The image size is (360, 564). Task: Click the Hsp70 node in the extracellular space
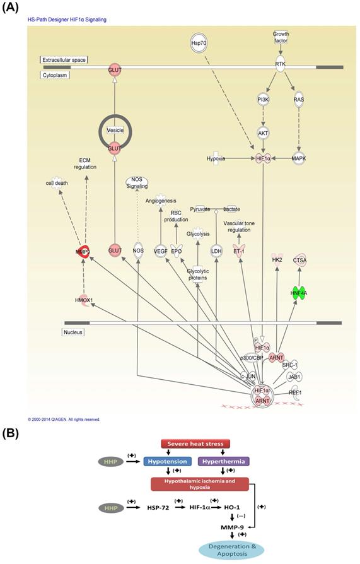click(x=199, y=42)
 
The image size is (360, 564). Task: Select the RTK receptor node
click(x=281, y=65)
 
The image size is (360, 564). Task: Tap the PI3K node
click(x=263, y=99)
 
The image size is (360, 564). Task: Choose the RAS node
click(x=299, y=99)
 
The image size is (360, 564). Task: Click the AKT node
click(x=263, y=133)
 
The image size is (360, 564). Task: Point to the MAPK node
click(x=299, y=158)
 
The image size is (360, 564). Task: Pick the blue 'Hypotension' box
click(x=166, y=461)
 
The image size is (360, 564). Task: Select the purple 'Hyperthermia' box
click(x=221, y=461)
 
